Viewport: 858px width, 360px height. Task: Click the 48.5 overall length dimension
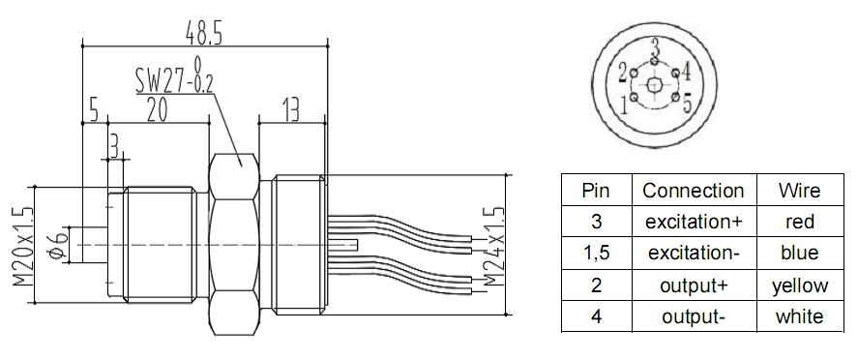point(203,34)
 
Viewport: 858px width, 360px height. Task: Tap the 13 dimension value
point(291,110)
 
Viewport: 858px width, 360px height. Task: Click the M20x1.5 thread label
point(23,245)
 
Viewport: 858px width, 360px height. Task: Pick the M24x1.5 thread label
point(493,246)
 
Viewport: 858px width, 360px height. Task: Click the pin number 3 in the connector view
point(655,48)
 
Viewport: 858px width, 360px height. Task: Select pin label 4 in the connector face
point(686,71)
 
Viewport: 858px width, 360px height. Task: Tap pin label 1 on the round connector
point(624,104)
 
